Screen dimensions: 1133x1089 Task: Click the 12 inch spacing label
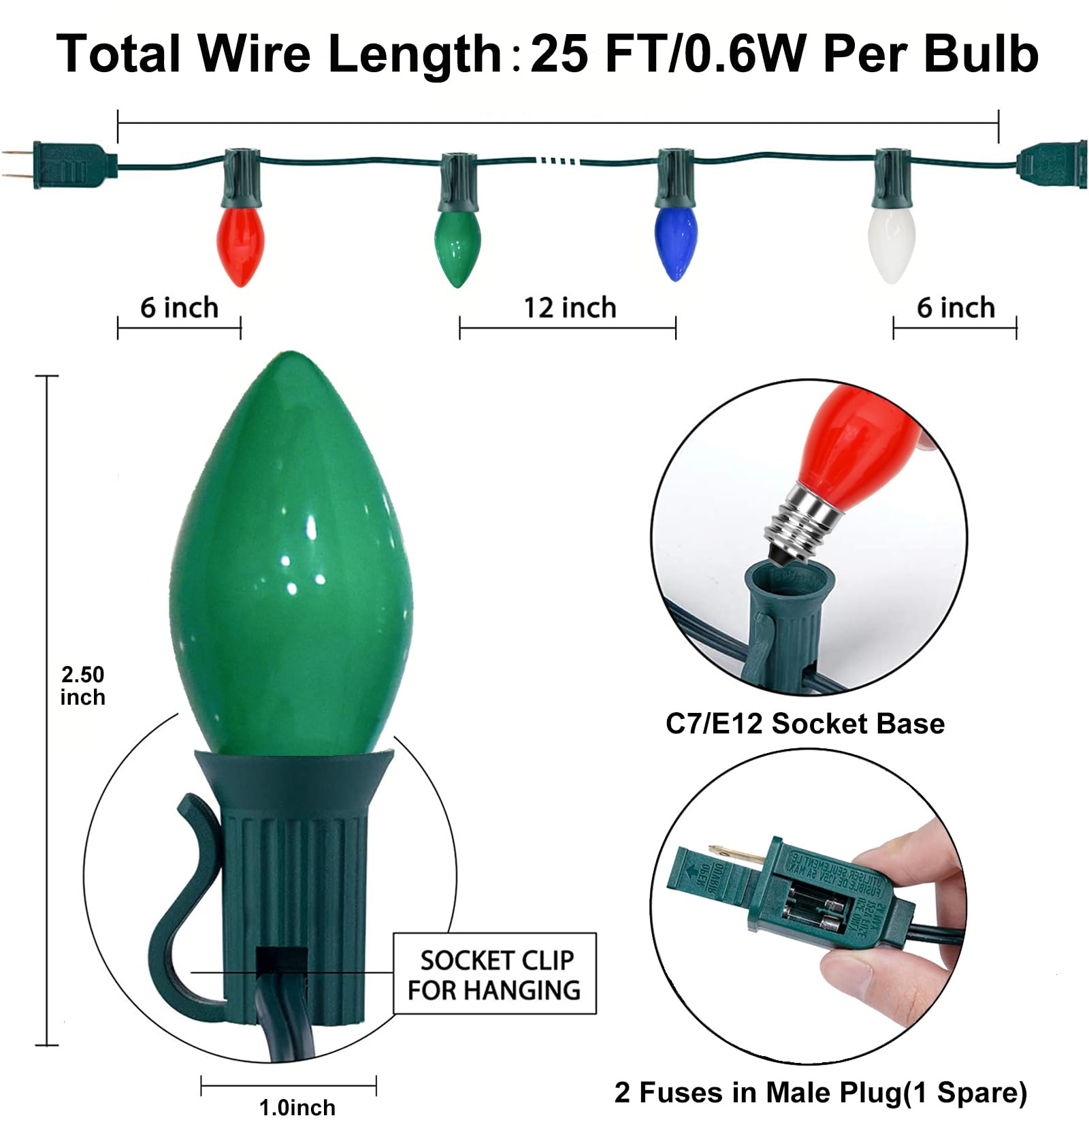point(569,308)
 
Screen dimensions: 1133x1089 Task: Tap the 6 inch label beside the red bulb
point(179,308)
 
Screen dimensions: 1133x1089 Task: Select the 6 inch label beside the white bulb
point(955,308)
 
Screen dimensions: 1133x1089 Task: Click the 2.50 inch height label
point(82,686)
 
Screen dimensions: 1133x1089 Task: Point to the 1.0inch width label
point(297,1108)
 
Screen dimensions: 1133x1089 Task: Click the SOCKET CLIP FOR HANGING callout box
point(495,974)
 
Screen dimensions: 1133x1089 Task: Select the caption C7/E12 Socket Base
point(804,724)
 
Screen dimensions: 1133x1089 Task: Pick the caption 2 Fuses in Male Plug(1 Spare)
point(820,1093)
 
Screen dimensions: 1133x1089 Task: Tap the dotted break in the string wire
point(558,161)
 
